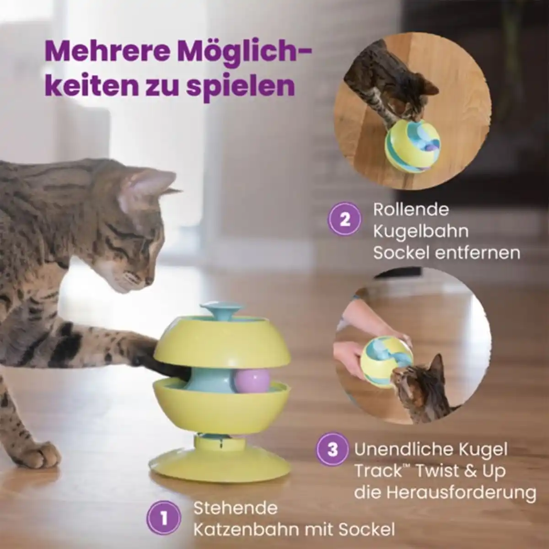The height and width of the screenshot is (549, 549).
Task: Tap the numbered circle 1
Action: click(x=164, y=518)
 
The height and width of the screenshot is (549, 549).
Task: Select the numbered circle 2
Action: click(x=344, y=219)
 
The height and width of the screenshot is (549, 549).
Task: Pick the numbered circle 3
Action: click(x=333, y=449)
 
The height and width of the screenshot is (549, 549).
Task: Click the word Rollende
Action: click(x=411, y=210)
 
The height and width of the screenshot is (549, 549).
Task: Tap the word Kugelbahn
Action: click(x=420, y=231)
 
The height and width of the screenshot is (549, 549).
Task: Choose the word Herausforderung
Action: click(x=461, y=492)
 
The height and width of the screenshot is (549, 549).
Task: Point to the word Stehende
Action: click(x=235, y=508)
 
